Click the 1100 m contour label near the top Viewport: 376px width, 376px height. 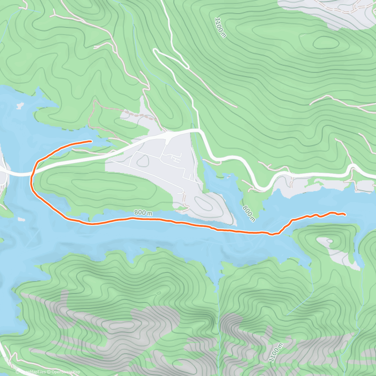(220, 28)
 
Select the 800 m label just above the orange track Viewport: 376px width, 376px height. (143, 213)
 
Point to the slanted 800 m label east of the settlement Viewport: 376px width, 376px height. (249, 213)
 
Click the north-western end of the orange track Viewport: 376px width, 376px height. (91, 141)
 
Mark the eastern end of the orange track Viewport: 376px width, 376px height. (345, 215)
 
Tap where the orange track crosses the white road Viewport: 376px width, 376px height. (34, 170)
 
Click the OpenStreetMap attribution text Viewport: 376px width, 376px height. (66, 372)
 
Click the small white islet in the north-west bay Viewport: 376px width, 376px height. (20, 106)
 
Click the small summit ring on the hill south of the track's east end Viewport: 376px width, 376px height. (330, 241)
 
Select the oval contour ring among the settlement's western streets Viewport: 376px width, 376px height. (143, 161)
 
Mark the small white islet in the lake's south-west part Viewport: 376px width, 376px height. (21, 219)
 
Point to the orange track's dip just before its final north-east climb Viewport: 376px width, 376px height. (273, 234)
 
